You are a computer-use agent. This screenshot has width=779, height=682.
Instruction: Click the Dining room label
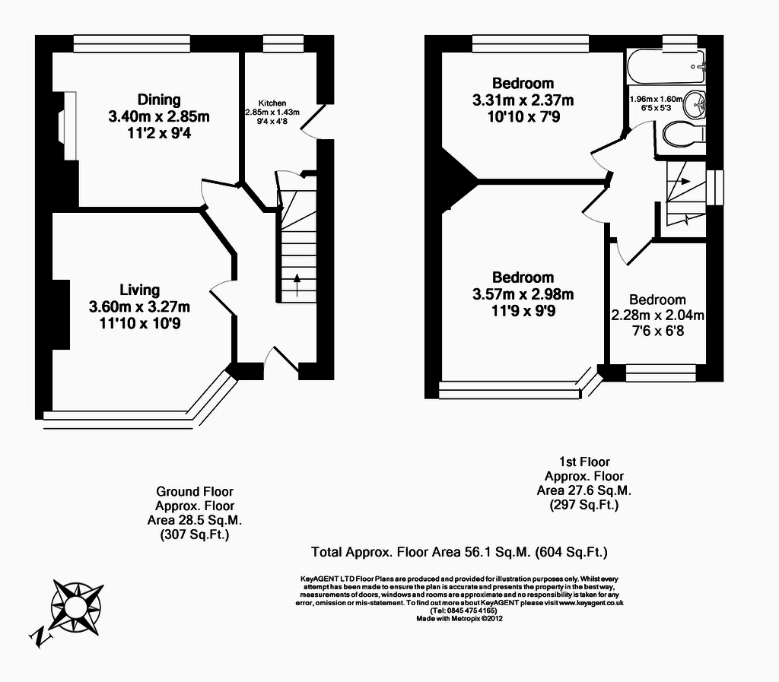pyautogui.click(x=159, y=100)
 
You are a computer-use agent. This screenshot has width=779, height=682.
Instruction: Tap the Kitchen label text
pyautogui.click(x=272, y=103)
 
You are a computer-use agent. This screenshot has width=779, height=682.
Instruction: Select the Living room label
pyautogui.click(x=139, y=290)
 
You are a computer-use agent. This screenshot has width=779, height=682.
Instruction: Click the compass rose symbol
pyautogui.click(x=76, y=606)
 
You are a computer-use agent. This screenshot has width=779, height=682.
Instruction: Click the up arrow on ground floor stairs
pyautogui.click(x=296, y=282)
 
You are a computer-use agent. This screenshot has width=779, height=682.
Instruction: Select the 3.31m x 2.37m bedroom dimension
pyautogui.click(x=523, y=100)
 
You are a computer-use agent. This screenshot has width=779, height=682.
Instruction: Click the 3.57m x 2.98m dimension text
pyautogui.click(x=523, y=295)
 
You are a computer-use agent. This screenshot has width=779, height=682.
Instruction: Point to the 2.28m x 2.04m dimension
pyautogui.click(x=657, y=316)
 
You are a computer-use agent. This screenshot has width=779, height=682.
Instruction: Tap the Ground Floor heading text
pyautogui.click(x=195, y=491)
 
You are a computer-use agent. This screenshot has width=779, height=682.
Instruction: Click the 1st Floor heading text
pyautogui.click(x=584, y=462)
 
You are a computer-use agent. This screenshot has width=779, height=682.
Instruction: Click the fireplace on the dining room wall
pyautogui.click(x=67, y=118)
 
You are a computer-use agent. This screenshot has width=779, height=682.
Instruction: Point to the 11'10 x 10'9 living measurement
pyautogui.click(x=139, y=323)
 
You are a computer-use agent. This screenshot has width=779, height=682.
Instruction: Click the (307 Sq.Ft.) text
pyautogui.click(x=195, y=535)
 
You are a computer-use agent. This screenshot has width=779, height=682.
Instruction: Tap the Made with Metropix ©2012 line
pyautogui.click(x=459, y=618)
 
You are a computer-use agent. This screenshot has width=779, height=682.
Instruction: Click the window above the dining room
pyautogui.click(x=132, y=45)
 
